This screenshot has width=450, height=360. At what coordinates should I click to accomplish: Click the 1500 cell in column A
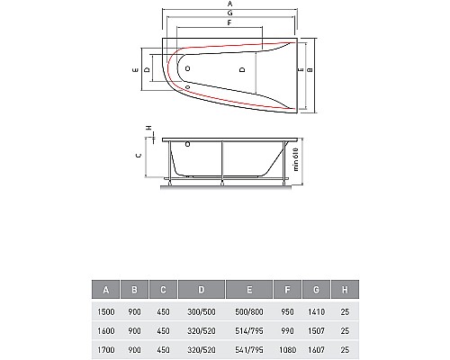point(107,310)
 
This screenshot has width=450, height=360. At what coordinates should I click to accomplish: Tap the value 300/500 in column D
point(200,310)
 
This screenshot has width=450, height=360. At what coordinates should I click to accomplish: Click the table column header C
point(165,290)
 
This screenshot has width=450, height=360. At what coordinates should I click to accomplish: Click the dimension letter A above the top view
point(230,5)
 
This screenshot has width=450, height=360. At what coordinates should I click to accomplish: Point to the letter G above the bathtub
point(230,15)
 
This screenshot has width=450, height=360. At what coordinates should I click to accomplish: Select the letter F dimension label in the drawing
point(230,26)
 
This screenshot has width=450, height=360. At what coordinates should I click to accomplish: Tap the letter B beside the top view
point(310,69)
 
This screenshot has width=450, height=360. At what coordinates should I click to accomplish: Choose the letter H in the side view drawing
point(149,129)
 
